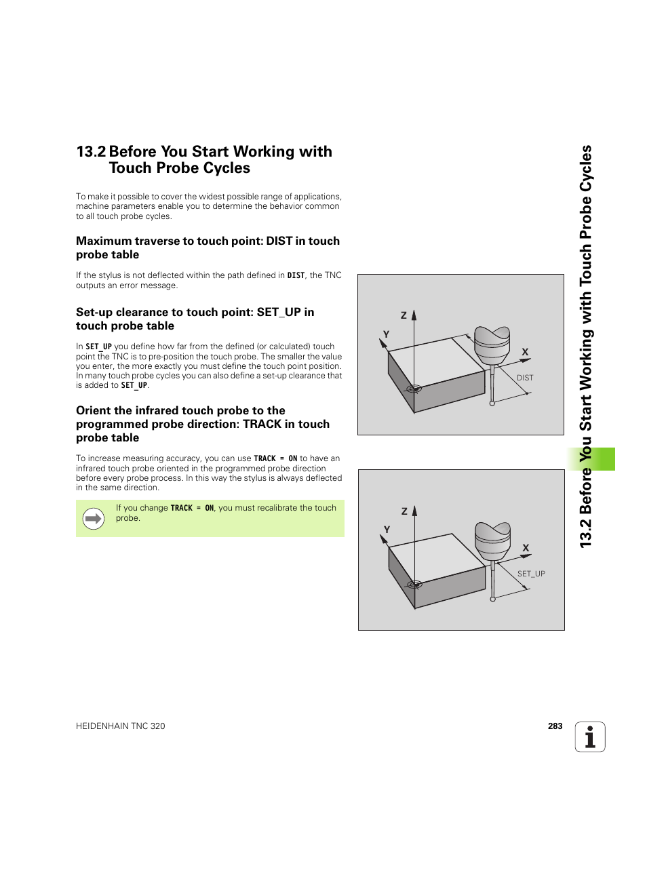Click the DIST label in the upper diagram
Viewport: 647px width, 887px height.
[525, 378]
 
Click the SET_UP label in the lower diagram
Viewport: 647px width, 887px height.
[531, 574]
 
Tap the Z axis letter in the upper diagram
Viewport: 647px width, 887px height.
[404, 315]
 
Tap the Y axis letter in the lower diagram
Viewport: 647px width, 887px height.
[387, 530]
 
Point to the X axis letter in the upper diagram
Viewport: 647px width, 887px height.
[525, 352]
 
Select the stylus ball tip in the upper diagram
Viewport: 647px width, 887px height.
[492, 403]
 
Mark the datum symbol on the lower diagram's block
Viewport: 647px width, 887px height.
[414, 584]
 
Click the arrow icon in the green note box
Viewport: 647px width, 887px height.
[94, 519]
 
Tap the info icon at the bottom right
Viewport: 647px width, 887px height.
[590, 737]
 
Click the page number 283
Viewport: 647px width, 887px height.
[555, 726]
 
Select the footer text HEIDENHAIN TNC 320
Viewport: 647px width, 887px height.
[121, 726]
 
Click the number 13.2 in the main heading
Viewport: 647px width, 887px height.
[91, 152]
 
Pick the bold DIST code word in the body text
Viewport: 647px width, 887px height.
[296, 275]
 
